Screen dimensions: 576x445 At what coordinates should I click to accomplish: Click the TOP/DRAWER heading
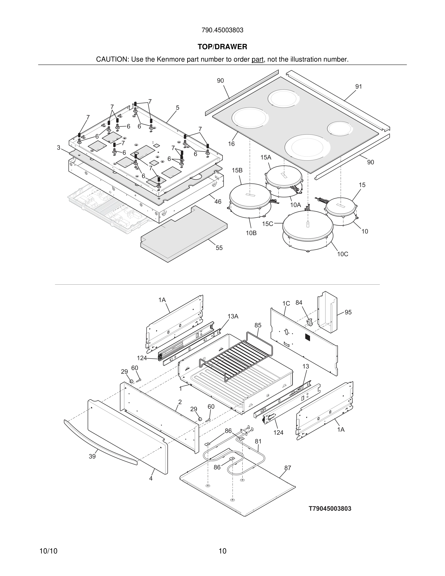click(222, 47)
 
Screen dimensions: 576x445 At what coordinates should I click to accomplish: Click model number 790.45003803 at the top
click(222, 30)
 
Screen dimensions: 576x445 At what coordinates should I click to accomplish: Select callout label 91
click(358, 87)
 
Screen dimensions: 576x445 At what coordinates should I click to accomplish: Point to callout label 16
click(231, 144)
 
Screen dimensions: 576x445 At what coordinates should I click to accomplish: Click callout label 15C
click(267, 224)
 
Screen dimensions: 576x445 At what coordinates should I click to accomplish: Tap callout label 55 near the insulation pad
click(219, 248)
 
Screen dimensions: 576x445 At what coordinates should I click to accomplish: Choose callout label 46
click(218, 201)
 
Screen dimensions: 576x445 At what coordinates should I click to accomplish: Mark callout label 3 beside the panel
click(58, 148)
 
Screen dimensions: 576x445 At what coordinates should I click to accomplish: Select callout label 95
click(348, 312)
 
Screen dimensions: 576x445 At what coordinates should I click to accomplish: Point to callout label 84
click(299, 303)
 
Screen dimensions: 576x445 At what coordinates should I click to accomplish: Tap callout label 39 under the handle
click(92, 456)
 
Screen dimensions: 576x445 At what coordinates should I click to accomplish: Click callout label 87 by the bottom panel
click(288, 468)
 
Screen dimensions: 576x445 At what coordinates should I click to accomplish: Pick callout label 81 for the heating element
click(258, 441)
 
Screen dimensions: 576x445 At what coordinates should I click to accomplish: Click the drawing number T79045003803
click(330, 509)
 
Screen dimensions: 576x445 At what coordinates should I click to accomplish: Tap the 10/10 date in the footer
click(48, 551)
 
